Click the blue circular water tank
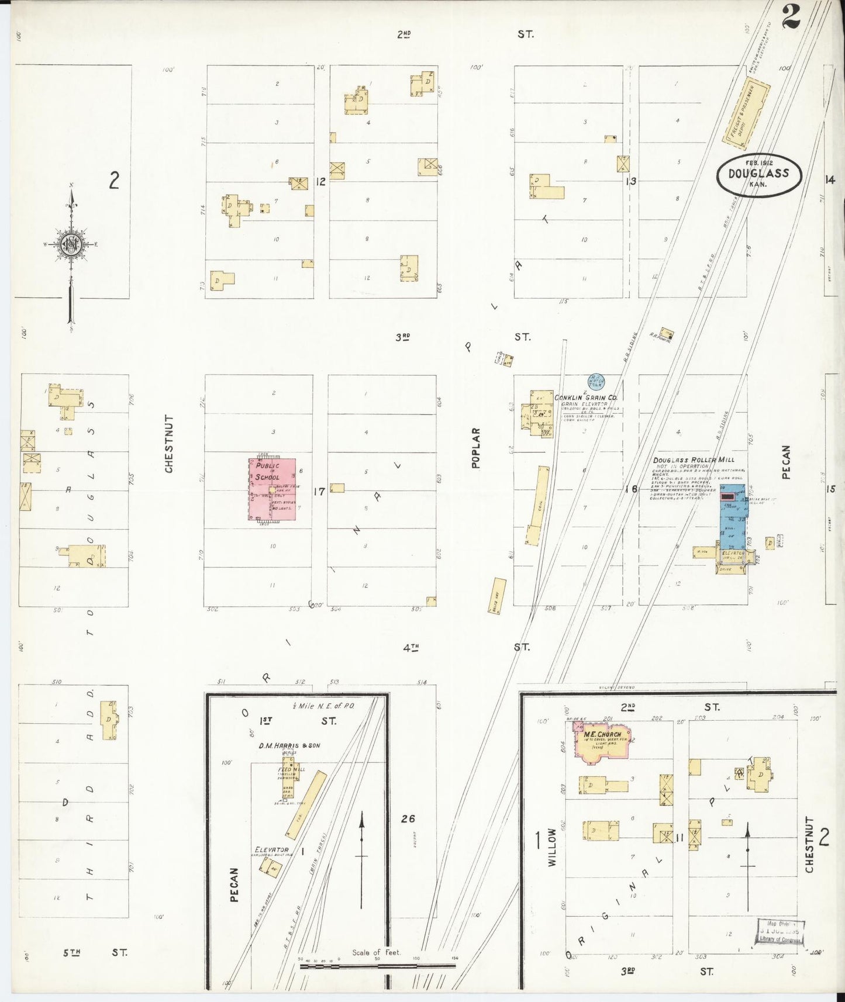(x=596, y=381)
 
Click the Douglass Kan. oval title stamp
(x=758, y=175)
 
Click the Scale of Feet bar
(x=377, y=966)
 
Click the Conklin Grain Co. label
(x=586, y=398)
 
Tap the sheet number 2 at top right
(x=790, y=16)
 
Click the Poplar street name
(x=475, y=448)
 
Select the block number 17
(x=319, y=492)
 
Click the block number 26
(x=408, y=819)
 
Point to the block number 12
(x=320, y=182)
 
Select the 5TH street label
(x=71, y=952)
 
